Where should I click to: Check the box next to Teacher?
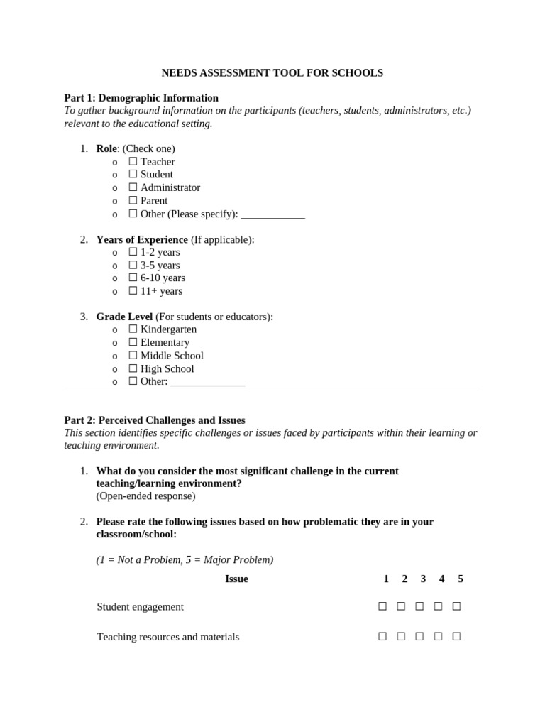[133, 162]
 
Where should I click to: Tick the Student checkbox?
[133, 175]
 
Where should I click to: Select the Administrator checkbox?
[133, 187]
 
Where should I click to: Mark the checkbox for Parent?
[133, 201]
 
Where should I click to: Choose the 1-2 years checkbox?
[133, 252]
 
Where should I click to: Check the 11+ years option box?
[133, 291]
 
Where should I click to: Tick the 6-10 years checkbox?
[133, 278]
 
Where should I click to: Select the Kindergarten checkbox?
[133, 329]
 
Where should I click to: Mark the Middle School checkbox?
[133, 356]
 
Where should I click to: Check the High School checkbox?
[133, 368]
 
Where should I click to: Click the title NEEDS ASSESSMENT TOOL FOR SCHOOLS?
[272, 73]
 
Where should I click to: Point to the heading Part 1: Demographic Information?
[141, 98]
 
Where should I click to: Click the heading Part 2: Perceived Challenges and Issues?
[155, 420]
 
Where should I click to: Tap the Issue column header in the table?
[236, 579]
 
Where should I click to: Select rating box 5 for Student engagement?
[457, 606]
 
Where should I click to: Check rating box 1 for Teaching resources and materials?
[382, 637]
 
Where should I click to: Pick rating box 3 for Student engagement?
[419, 606]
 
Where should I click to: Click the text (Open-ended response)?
[145, 496]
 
